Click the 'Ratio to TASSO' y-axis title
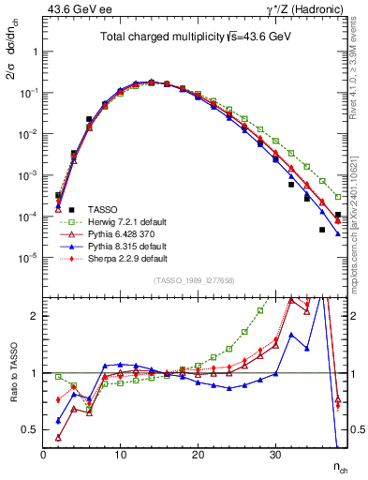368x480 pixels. click(12, 372)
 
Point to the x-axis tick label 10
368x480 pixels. click(120, 455)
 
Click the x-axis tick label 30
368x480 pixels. click(275, 455)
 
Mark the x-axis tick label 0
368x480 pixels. click(43, 455)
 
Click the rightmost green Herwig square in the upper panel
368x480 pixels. click(338, 197)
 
